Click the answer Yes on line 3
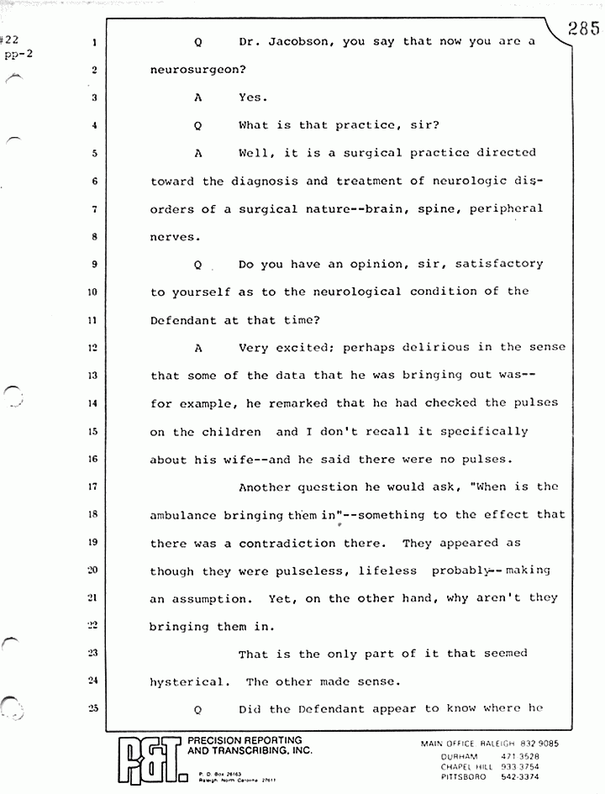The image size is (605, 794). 252,97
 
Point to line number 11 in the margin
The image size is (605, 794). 96,320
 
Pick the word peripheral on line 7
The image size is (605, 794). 504,208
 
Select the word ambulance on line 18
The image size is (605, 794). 183,514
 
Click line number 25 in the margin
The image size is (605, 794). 96,708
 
